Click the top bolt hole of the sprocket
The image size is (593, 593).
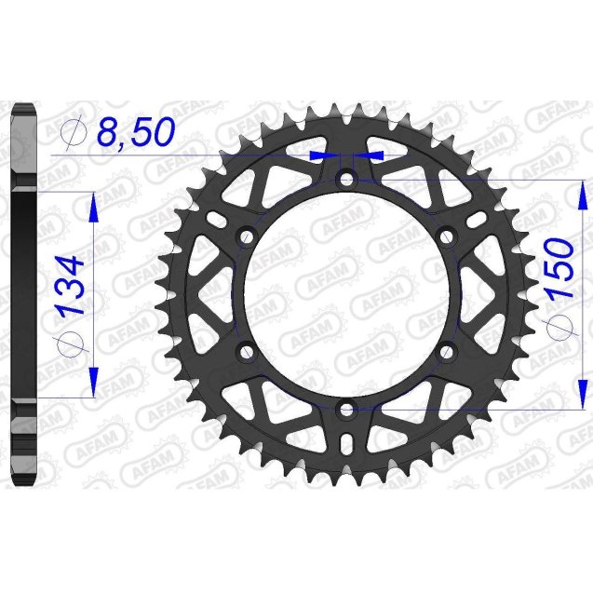pos(347,179)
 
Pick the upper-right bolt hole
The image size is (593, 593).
pos(446,236)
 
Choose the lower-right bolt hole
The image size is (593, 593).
pos(446,351)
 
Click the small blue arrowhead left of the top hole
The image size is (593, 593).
pos(321,154)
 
